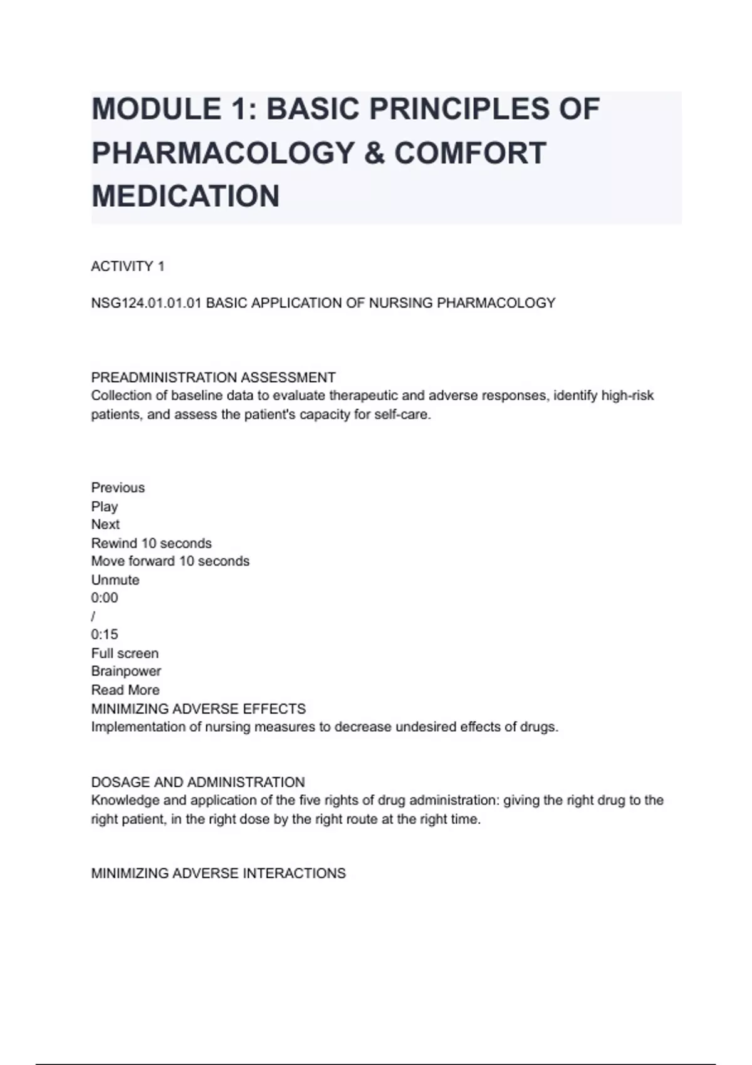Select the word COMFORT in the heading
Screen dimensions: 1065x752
click(x=470, y=153)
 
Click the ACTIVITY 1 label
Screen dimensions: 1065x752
click(x=128, y=266)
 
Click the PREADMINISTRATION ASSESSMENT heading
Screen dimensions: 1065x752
click(x=213, y=377)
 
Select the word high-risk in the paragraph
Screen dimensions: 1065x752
click(x=627, y=396)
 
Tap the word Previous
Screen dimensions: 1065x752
click(x=118, y=487)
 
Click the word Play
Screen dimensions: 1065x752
click(x=105, y=506)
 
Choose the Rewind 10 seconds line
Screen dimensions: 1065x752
click(x=151, y=543)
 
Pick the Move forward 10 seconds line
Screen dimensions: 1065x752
click(x=170, y=561)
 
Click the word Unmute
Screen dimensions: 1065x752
click(x=115, y=579)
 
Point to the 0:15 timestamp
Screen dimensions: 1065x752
click(x=105, y=634)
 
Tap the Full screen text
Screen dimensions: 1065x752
click(x=125, y=653)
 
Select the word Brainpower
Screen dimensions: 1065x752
click(x=126, y=671)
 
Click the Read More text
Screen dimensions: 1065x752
click(x=125, y=690)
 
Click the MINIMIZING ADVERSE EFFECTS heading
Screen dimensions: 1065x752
click(x=198, y=709)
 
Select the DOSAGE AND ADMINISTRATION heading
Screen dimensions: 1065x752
click(x=198, y=782)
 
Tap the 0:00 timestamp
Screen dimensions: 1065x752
click(x=105, y=598)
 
